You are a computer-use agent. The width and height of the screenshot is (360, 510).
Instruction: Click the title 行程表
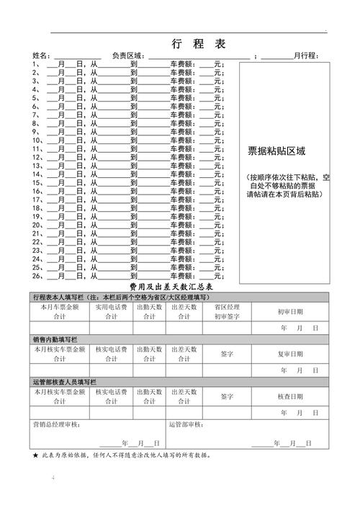pyautogui.click(x=199, y=44)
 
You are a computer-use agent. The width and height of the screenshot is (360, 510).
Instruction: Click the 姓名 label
pyautogui.click(x=41, y=56)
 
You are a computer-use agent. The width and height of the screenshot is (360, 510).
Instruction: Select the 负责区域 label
pyautogui.click(x=129, y=56)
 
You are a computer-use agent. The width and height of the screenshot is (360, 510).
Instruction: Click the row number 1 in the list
pyautogui.click(x=35, y=64)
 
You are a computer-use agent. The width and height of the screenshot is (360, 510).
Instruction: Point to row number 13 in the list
pyautogui.click(x=37, y=166)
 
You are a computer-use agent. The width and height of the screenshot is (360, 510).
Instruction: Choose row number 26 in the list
pyautogui.click(x=37, y=275)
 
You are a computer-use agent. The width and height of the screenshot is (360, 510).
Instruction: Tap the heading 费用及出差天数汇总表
pyautogui.click(x=171, y=287)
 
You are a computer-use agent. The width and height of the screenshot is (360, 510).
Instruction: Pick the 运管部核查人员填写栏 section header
pyautogui.click(x=64, y=381)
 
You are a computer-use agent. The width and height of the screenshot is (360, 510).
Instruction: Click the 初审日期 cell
pyautogui.click(x=290, y=312)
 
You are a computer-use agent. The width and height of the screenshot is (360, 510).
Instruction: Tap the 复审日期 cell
pyautogui.click(x=290, y=354)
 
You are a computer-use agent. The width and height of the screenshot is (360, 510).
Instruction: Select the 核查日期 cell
pyautogui.click(x=290, y=396)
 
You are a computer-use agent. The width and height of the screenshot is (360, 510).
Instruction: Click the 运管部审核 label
pyautogui.click(x=189, y=425)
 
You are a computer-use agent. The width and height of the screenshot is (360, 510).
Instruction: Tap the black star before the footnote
pyautogui.click(x=35, y=456)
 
